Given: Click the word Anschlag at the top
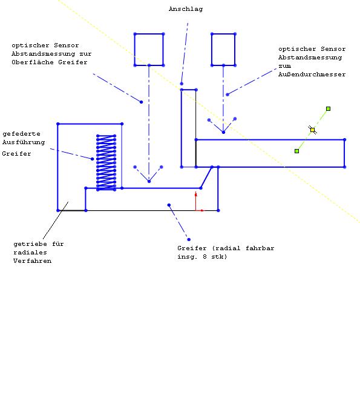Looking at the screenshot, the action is pyautogui.click(x=186, y=9).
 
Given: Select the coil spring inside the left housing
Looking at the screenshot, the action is pyautogui.click(x=106, y=162).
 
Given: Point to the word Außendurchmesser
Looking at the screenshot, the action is pyautogui.click(x=312, y=75).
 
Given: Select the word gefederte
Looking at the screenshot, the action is pyautogui.click(x=21, y=134).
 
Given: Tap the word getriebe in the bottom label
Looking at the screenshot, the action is pyautogui.click(x=30, y=244).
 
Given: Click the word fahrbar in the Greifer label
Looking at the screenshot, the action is pyautogui.click(x=260, y=248).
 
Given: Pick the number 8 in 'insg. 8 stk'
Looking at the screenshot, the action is pyautogui.click(x=205, y=257).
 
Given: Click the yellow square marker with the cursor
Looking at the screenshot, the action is pyautogui.click(x=312, y=130).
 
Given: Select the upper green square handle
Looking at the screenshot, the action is pyautogui.click(x=328, y=109).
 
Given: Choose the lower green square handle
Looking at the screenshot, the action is pyautogui.click(x=296, y=151).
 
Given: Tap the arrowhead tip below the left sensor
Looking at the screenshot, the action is pyautogui.click(x=149, y=181).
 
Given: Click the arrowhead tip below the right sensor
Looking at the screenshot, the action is pyautogui.click(x=223, y=132).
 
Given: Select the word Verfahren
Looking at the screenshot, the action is pyautogui.click(x=33, y=261).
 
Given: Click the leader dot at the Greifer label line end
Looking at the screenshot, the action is pyautogui.click(x=189, y=239).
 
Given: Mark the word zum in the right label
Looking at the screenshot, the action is pyautogui.click(x=284, y=66).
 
